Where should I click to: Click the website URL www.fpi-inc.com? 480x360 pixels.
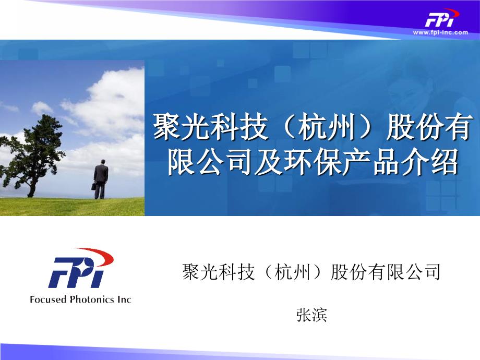pos(440,32)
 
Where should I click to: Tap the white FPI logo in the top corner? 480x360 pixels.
pos(441,18)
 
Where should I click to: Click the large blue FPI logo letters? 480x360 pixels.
pos(76,272)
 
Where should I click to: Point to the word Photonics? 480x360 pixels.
pos(92,299)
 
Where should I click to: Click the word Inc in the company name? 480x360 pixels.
pos(124,299)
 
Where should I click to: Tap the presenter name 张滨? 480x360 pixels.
pos(311,315)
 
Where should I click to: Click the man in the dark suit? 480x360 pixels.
pos(100,179)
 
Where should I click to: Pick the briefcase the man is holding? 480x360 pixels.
pos(94,186)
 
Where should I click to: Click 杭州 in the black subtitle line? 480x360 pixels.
pos(293,272)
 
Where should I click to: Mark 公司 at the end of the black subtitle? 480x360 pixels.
pos(423,272)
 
